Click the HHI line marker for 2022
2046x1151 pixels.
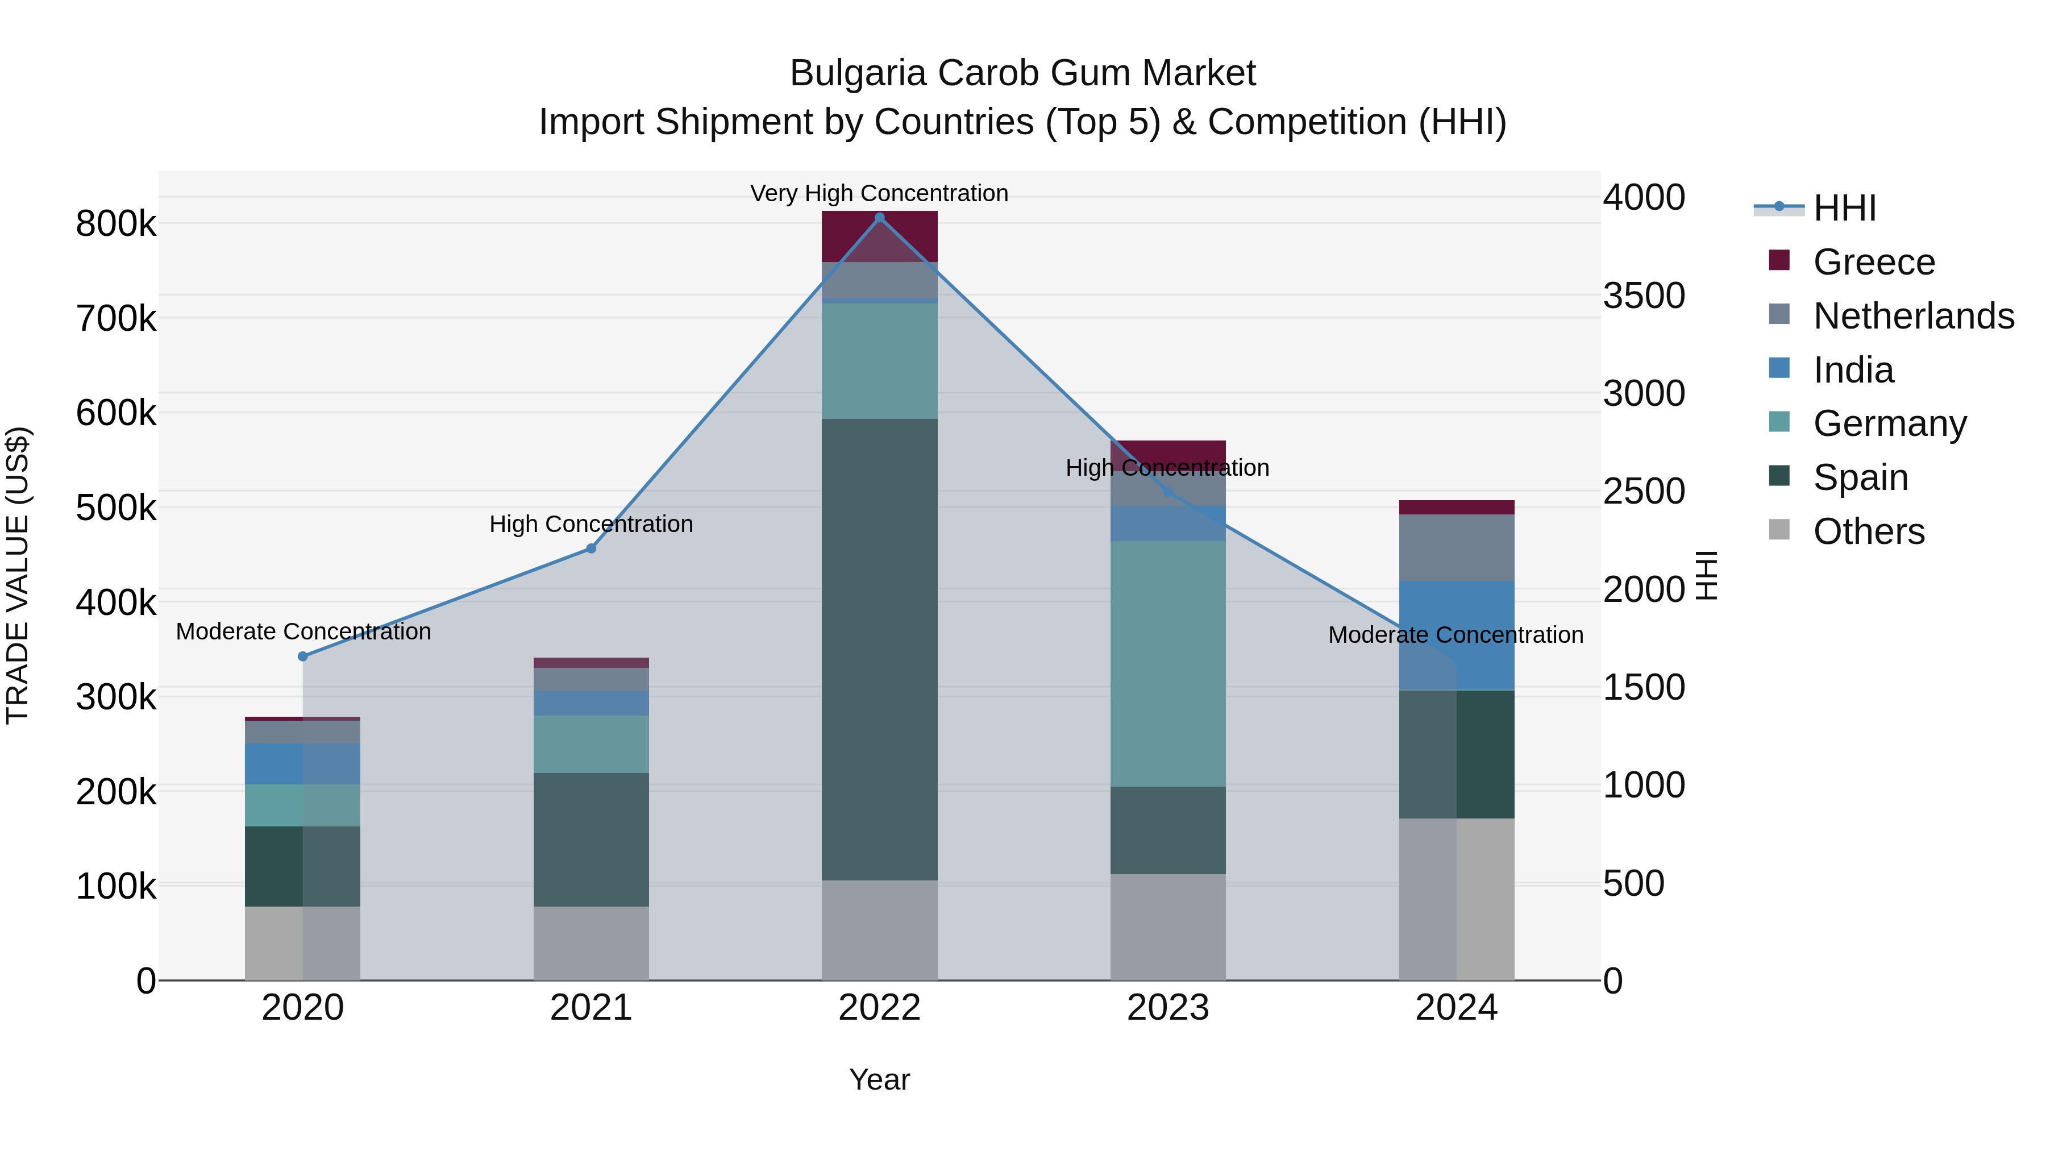879,217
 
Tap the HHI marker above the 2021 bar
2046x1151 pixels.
591,548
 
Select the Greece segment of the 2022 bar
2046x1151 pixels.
879,236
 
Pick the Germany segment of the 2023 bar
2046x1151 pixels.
1167,663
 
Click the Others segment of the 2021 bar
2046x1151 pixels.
591,943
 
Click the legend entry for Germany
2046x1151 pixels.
1890,423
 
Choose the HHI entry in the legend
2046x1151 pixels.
1844,208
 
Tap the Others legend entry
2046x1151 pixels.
1868,531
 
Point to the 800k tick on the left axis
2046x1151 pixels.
116,224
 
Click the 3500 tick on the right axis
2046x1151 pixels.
1643,296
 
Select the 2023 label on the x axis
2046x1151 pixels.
1167,1008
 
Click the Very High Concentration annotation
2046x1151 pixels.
879,193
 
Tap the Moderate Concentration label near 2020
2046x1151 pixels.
303,631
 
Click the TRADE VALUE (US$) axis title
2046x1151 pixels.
18,575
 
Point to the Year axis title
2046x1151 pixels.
879,1079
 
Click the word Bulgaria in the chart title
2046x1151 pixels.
858,73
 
